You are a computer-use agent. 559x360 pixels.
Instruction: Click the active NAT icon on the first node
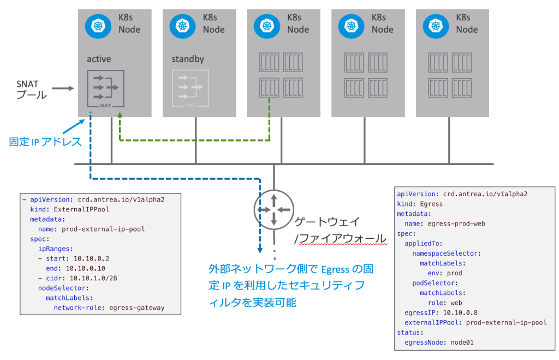(x=105, y=88)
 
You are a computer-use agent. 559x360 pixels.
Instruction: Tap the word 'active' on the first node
(x=99, y=58)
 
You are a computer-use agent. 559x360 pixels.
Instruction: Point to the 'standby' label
(x=188, y=58)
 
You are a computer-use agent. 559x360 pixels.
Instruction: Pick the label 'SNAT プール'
(x=32, y=89)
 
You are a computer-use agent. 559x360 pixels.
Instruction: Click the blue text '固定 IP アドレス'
(x=45, y=142)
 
